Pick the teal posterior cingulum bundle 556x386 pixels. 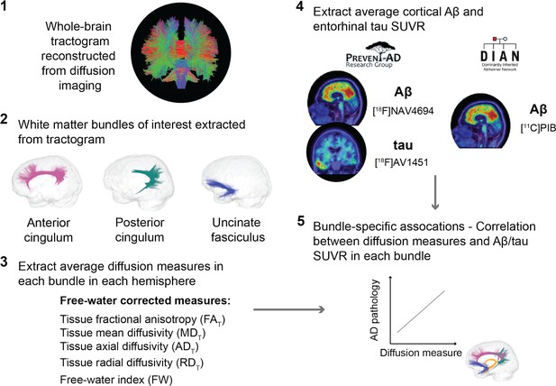[148, 179]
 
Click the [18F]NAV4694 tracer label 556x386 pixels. [403, 111]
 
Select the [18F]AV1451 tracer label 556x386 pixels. [401, 163]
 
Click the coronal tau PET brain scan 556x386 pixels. [336, 154]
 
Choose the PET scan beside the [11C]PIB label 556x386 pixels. [480, 120]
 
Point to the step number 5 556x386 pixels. [300, 221]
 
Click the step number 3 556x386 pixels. [4, 262]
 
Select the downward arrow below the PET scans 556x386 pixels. [435, 192]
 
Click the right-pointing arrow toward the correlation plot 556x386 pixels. [289, 309]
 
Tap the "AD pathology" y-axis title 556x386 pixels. [375, 310]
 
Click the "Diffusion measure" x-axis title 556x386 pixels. [421, 353]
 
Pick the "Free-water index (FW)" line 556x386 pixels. [116, 380]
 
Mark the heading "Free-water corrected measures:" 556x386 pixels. [145, 301]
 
